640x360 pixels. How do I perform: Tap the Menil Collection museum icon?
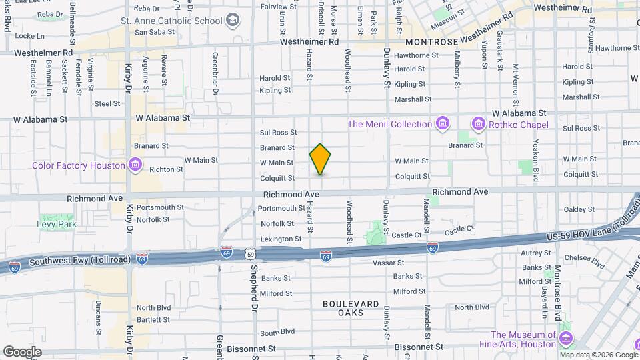click(x=441, y=124)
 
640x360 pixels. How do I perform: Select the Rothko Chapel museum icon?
click(x=477, y=124)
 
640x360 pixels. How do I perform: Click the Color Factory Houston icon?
click(x=135, y=165)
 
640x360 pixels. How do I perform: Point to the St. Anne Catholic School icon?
click(x=232, y=20)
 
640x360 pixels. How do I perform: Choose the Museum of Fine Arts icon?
click(x=566, y=339)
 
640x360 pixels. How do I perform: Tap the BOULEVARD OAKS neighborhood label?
click(x=351, y=308)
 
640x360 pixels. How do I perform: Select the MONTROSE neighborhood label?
click(x=431, y=41)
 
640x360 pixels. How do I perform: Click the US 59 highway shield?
click(x=249, y=254)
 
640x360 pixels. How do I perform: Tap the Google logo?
click(x=22, y=351)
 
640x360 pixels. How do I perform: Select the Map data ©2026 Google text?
click(x=598, y=355)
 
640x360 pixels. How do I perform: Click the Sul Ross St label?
click(x=278, y=133)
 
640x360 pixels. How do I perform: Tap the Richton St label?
click(x=167, y=169)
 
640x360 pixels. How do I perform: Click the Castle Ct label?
click(x=407, y=235)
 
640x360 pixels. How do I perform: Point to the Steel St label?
click(x=107, y=103)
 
